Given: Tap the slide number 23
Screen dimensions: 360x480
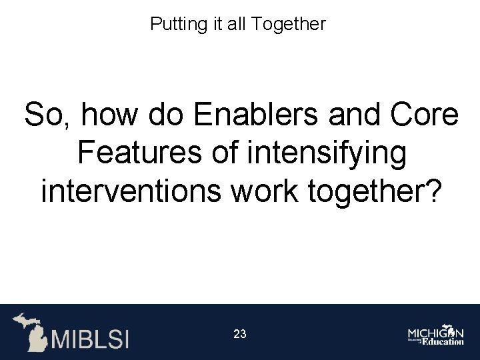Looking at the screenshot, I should pyautogui.click(x=240, y=334).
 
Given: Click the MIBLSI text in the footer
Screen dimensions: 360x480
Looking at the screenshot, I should pyautogui.click(x=90, y=339).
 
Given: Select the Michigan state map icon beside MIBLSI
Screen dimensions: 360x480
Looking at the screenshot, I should pyautogui.click(x=30, y=331).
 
